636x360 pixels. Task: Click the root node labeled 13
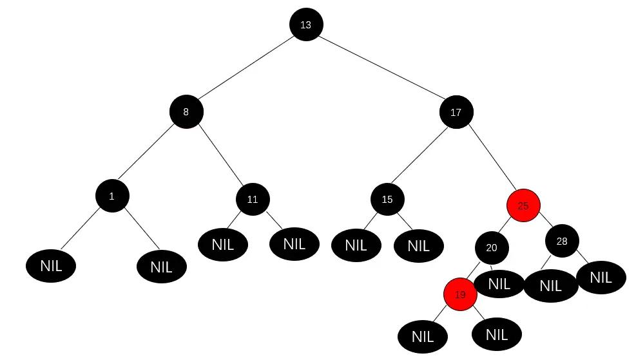coord(305,24)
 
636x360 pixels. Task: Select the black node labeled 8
coord(186,111)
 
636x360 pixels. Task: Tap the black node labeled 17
coord(456,112)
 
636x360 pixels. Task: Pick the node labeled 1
coord(112,196)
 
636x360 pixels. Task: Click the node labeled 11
coord(253,199)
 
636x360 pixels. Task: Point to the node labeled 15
coord(387,199)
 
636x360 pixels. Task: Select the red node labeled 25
coord(523,205)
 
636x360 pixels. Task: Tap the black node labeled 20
coord(492,248)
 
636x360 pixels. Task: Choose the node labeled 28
coord(562,242)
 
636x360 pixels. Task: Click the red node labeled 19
coord(460,295)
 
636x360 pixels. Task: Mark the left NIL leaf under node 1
coord(51,265)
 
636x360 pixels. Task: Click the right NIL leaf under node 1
coord(162,267)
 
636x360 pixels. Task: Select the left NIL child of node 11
coord(223,244)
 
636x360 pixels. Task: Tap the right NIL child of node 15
coord(418,245)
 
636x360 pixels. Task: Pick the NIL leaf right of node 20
coord(499,283)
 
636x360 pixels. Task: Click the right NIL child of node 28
coord(601,278)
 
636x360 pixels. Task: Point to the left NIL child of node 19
coord(423,336)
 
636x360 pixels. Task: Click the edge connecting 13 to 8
coord(246,68)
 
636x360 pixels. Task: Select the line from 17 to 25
coord(490,160)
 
